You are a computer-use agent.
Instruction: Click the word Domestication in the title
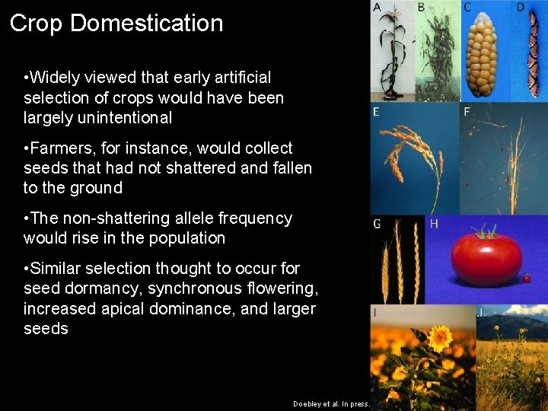(x=146, y=23)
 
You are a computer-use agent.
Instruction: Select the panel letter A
(x=377, y=8)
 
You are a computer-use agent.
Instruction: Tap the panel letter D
(x=521, y=8)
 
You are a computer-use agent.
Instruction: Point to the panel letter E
(x=376, y=112)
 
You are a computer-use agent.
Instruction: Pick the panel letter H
(x=434, y=224)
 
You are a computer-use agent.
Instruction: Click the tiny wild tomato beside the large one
(x=526, y=279)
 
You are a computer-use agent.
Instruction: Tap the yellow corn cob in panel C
(x=479, y=57)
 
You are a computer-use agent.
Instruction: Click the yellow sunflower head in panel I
(x=439, y=337)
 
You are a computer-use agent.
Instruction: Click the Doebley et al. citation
(x=331, y=403)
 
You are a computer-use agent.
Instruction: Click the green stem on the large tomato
(x=484, y=231)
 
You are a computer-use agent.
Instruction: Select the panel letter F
(x=467, y=112)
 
